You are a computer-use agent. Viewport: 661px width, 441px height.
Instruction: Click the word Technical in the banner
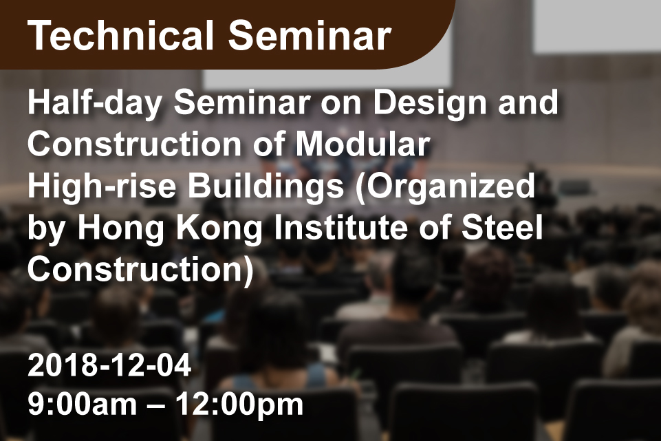point(121,36)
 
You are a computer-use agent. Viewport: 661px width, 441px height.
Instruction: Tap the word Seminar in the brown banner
point(310,36)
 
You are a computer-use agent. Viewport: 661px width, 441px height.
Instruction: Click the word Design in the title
point(430,104)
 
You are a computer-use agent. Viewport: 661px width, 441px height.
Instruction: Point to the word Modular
point(362,144)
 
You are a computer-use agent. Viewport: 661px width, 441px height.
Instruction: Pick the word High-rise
point(102,186)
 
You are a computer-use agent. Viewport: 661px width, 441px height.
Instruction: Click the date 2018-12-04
point(109,365)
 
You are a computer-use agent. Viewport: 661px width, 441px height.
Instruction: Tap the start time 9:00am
point(83,405)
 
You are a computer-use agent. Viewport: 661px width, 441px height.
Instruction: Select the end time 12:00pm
point(239,405)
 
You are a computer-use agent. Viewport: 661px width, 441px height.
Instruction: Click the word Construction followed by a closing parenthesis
point(141,270)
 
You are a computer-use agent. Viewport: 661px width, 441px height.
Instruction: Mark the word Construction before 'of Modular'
point(135,144)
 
